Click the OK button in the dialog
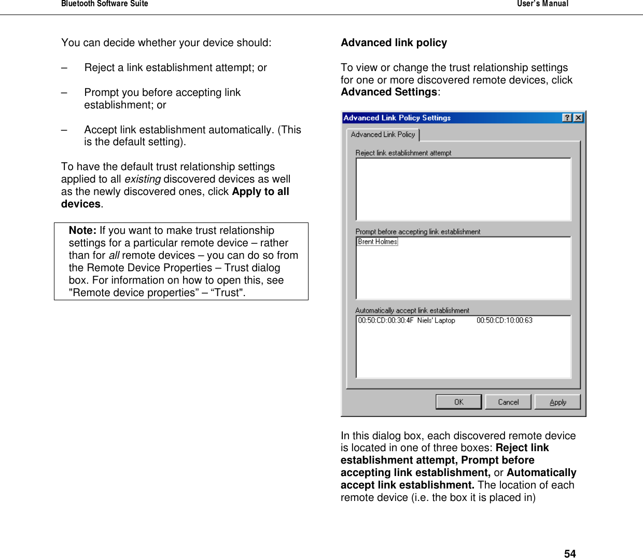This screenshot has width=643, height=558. (458, 402)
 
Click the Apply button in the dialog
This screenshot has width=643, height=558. (557, 402)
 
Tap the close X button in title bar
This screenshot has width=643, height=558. (578, 118)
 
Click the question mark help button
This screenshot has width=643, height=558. (567, 118)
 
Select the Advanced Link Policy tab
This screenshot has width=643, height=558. (383, 134)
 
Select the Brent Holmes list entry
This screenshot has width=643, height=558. (378, 242)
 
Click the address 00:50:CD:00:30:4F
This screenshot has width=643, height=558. (385, 320)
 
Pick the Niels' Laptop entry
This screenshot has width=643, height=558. (436, 320)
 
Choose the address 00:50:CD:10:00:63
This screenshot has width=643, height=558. (504, 320)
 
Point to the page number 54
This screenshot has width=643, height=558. (569, 553)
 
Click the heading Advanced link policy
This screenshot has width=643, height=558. (394, 43)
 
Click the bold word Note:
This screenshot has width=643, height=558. (82, 230)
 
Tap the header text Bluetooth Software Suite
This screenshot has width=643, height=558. (105, 4)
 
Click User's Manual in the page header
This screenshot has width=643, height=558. (542, 4)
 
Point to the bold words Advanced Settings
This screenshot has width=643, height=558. (389, 92)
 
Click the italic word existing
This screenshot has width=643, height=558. (142, 179)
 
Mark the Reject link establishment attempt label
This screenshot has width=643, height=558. (403, 153)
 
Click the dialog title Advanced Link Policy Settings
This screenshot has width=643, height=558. (397, 118)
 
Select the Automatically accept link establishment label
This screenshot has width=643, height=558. (412, 311)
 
